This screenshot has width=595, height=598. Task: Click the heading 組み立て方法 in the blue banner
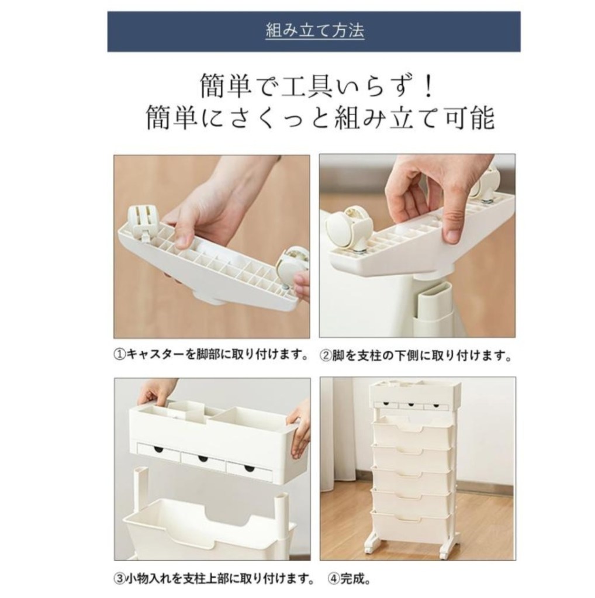[314, 31]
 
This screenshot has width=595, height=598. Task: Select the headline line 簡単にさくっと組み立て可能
[320, 118]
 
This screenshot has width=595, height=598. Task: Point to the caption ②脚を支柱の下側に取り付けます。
[416, 356]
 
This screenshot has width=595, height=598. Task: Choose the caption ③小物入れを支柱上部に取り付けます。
[215, 579]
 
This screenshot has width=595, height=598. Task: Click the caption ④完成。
[350, 579]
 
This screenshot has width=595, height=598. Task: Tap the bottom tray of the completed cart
[411, 524]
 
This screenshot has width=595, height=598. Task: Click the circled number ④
[334, 579]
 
